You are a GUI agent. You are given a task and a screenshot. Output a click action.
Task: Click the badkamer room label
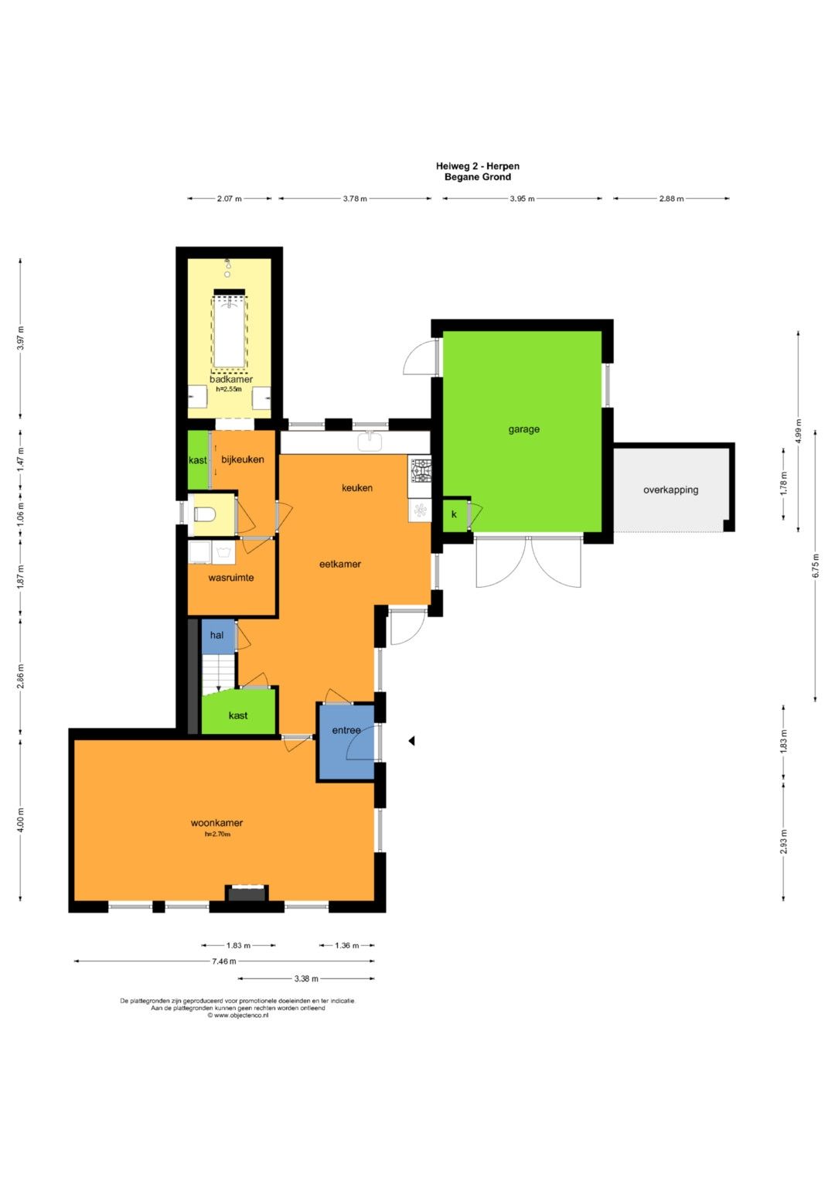tap(231, 379)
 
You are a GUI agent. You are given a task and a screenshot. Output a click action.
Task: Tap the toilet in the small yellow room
tap(203, 514)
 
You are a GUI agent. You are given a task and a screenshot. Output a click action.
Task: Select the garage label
tap(523, 429)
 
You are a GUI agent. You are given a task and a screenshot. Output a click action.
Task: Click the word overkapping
tap(670, 490)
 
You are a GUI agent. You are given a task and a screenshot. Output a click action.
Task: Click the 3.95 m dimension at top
tap(522, 199)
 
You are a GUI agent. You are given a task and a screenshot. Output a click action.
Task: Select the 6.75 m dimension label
tap(816, 565)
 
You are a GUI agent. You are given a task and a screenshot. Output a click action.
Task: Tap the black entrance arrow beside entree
tap(411, 741)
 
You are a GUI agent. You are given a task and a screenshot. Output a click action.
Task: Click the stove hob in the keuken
tap(421, 470)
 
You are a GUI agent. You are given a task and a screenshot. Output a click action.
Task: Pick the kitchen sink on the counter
tap(370, 441)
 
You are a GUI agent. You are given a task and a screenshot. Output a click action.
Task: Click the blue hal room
tap(218, 635)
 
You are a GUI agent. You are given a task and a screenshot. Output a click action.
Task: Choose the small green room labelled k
tap(455, 514)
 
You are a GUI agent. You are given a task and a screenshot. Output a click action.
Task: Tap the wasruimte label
tap(231, 578)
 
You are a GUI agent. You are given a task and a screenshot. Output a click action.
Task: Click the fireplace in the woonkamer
tap(247, 893)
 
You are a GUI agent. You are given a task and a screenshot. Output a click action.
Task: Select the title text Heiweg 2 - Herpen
tap(478, 166)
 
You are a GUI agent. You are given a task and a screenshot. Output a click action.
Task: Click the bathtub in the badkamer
tap(230, 329)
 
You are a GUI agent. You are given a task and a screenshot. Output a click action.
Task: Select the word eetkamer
tap(340, 564)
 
